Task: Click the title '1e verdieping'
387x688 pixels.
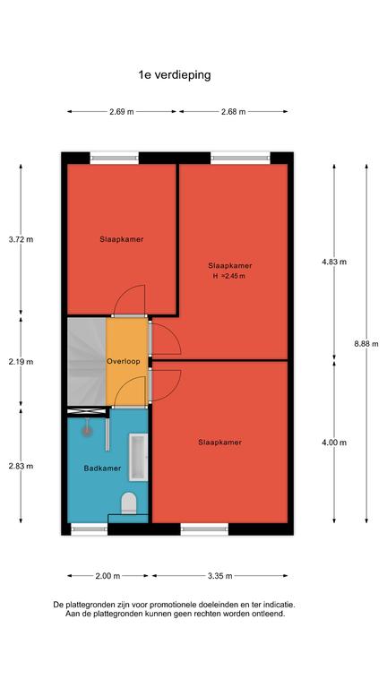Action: click(175, 75)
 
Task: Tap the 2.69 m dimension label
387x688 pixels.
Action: click(122, 111)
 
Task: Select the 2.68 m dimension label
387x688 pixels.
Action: click(234, 111)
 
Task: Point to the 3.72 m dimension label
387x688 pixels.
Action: click(21, 239)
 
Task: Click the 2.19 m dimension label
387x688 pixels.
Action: click(21, 362)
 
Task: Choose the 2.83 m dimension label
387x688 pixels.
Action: click(21, 466)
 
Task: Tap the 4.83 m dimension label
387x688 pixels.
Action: click(334, 262)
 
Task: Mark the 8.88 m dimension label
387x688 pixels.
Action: click(366, 344)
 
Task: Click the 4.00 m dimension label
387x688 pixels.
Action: click(334, 443)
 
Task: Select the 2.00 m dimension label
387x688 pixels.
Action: click(107, 576)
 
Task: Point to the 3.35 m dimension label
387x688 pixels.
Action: click(219, 576)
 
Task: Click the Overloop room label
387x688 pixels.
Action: click(124, 362)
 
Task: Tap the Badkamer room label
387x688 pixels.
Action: click(102, 469)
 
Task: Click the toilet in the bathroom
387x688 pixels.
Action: click(129, 503)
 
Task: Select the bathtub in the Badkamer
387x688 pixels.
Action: click(138, 457)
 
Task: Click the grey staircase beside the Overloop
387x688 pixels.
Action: click(87, 362)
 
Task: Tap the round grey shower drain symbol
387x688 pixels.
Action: click(87, 431)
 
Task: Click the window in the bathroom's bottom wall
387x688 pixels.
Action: click(89, 529)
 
